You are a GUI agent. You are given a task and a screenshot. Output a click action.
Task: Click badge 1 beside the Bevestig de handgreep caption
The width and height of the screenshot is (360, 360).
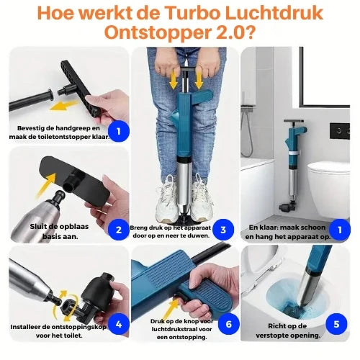118,132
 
